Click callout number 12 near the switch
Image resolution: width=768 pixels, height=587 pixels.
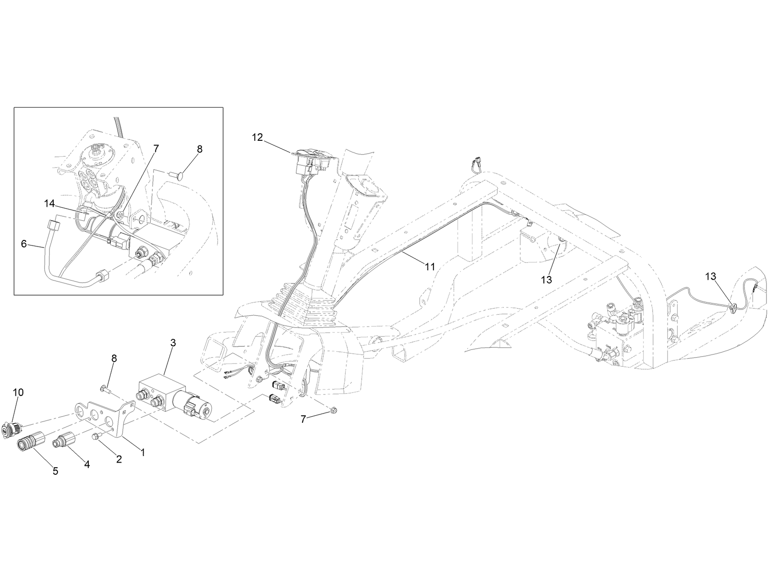[x=257, y=137]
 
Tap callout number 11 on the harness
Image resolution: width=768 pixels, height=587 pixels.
[x=430, y=266]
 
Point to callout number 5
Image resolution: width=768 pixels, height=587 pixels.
[x=55, y=471]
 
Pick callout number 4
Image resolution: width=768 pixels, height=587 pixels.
[x=87, y=464]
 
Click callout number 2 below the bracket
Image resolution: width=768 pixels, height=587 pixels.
[x=119, y=459]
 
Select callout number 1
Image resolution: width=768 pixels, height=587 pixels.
[x=143, y=452]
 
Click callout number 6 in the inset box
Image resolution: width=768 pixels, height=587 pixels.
[x=24, y=244]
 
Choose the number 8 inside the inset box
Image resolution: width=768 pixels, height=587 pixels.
[x=200, y=149]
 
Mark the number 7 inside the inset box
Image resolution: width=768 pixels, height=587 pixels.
[x=156, y=148]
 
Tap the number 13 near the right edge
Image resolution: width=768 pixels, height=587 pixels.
[x=710, y=276]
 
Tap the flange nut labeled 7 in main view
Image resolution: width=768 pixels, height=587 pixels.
[x=333, y=411]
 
